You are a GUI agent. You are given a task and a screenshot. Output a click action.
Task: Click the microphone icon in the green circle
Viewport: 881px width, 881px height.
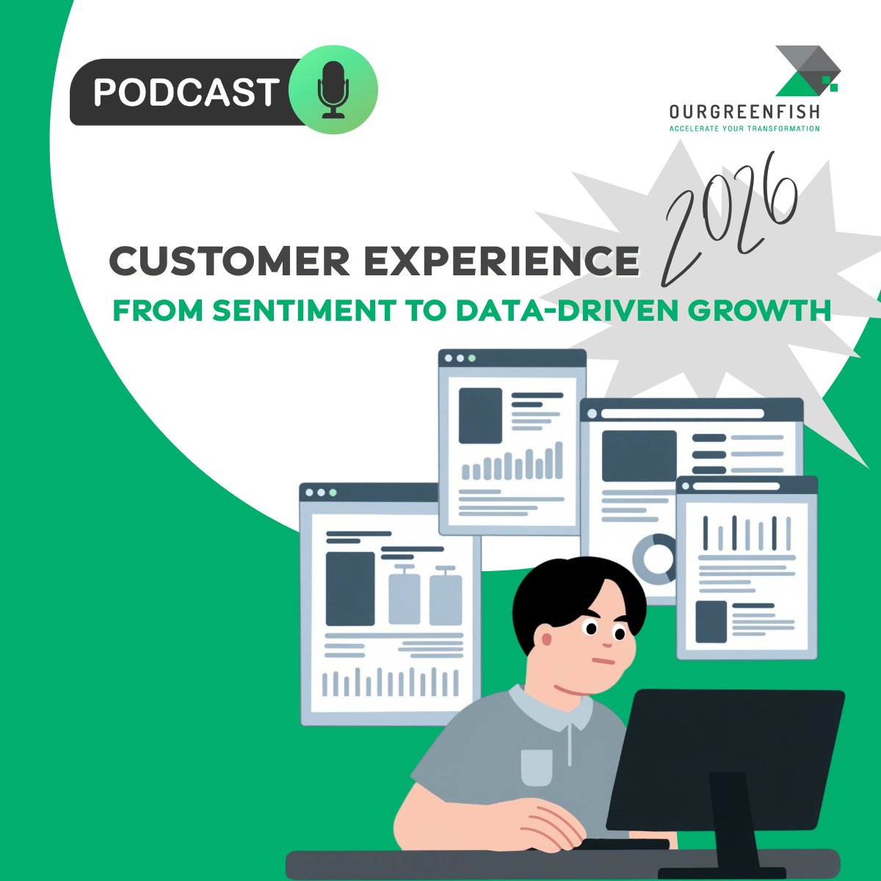[x=334, y=90]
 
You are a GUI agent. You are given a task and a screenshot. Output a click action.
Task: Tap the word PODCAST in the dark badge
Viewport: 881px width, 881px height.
[x=185, y=93]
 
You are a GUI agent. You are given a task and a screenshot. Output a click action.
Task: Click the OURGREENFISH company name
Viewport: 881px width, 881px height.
[x=744, y=112]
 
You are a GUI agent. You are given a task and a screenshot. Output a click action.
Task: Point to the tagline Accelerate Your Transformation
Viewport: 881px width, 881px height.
[x=744, y=128]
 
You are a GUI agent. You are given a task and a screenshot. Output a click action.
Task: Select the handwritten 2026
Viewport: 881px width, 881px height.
[x=730, y=220]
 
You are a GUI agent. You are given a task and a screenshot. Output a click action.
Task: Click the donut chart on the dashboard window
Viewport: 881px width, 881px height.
[x=656, y=559]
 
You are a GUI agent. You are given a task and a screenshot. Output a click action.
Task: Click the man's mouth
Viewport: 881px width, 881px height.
[x=603, y=661]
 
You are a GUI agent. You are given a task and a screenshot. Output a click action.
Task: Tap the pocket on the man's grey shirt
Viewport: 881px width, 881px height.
[x=537, y=766]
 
